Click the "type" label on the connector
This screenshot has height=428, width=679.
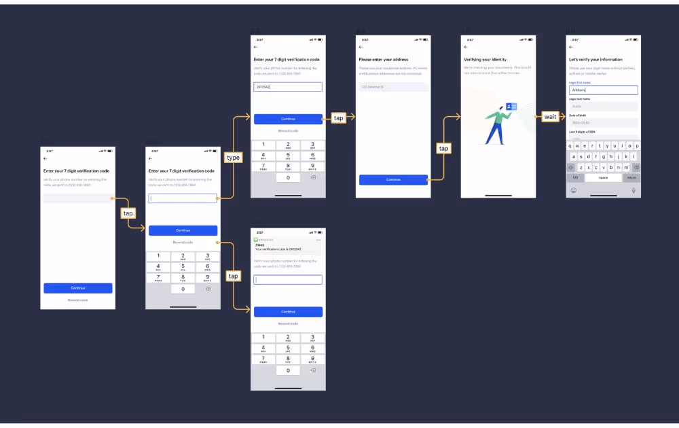(x=233, y=158)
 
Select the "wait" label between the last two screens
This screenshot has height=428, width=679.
(x=550, y=117)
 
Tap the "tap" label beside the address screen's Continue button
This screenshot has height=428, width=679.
(x=443, y=148)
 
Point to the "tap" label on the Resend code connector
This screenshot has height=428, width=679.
(x=233, y=276)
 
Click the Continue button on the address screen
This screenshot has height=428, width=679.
(x=393, y=179)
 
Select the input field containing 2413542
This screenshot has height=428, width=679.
(x=288, y=87)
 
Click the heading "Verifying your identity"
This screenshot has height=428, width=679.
(x=485, y=60)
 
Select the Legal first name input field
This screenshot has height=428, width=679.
(x=603, y=90)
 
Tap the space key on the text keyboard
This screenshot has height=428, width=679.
(x=603, y=178)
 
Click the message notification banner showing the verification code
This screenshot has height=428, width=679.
(x=288, y=246)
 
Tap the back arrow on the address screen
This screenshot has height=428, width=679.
(x=361, y=48)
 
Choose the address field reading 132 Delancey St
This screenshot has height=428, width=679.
(x=393, y=87)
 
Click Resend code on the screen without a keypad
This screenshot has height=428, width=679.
(x=78, y=300)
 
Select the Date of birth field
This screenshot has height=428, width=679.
(x=603, y=123)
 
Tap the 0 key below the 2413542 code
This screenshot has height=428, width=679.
(x=288, y=178)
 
